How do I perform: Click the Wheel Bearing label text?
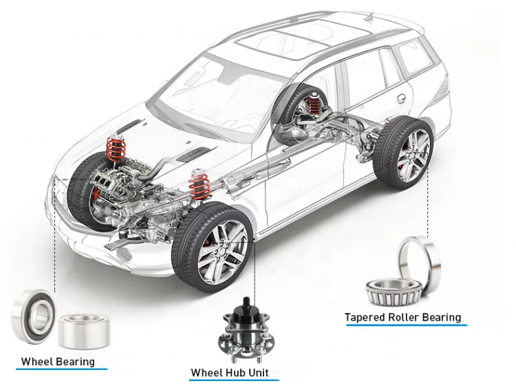tap(58, 361)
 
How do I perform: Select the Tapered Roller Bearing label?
tap(402, 317)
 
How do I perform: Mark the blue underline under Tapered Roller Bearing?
tap(404, 325)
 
